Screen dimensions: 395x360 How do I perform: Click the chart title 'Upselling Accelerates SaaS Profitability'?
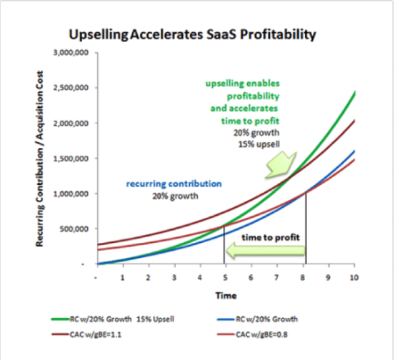192,34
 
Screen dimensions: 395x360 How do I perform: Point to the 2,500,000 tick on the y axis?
71,88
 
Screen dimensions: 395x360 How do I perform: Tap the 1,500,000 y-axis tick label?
71,159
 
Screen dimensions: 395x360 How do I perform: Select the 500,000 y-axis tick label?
74,229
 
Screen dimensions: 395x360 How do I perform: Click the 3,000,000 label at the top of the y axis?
71,52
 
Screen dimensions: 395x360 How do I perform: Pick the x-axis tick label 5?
225,278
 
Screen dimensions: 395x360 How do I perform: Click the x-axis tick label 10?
354,278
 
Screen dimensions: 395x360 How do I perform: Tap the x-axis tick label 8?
303,278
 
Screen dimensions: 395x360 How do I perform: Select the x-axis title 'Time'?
226,296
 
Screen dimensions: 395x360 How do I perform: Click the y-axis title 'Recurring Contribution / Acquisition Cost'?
39,159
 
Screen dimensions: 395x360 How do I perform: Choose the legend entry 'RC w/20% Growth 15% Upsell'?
112,319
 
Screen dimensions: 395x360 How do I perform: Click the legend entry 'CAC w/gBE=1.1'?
86,334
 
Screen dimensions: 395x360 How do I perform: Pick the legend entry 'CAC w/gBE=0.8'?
252,334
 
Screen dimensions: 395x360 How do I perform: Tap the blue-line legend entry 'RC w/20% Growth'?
257,319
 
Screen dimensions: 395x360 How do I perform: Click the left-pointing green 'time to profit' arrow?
265,251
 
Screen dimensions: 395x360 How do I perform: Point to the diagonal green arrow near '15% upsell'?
281,165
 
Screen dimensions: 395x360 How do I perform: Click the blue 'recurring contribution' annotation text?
174,184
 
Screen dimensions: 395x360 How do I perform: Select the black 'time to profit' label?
271,237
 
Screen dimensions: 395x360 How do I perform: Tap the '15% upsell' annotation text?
259,144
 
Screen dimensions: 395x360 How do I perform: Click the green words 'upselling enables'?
243,84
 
